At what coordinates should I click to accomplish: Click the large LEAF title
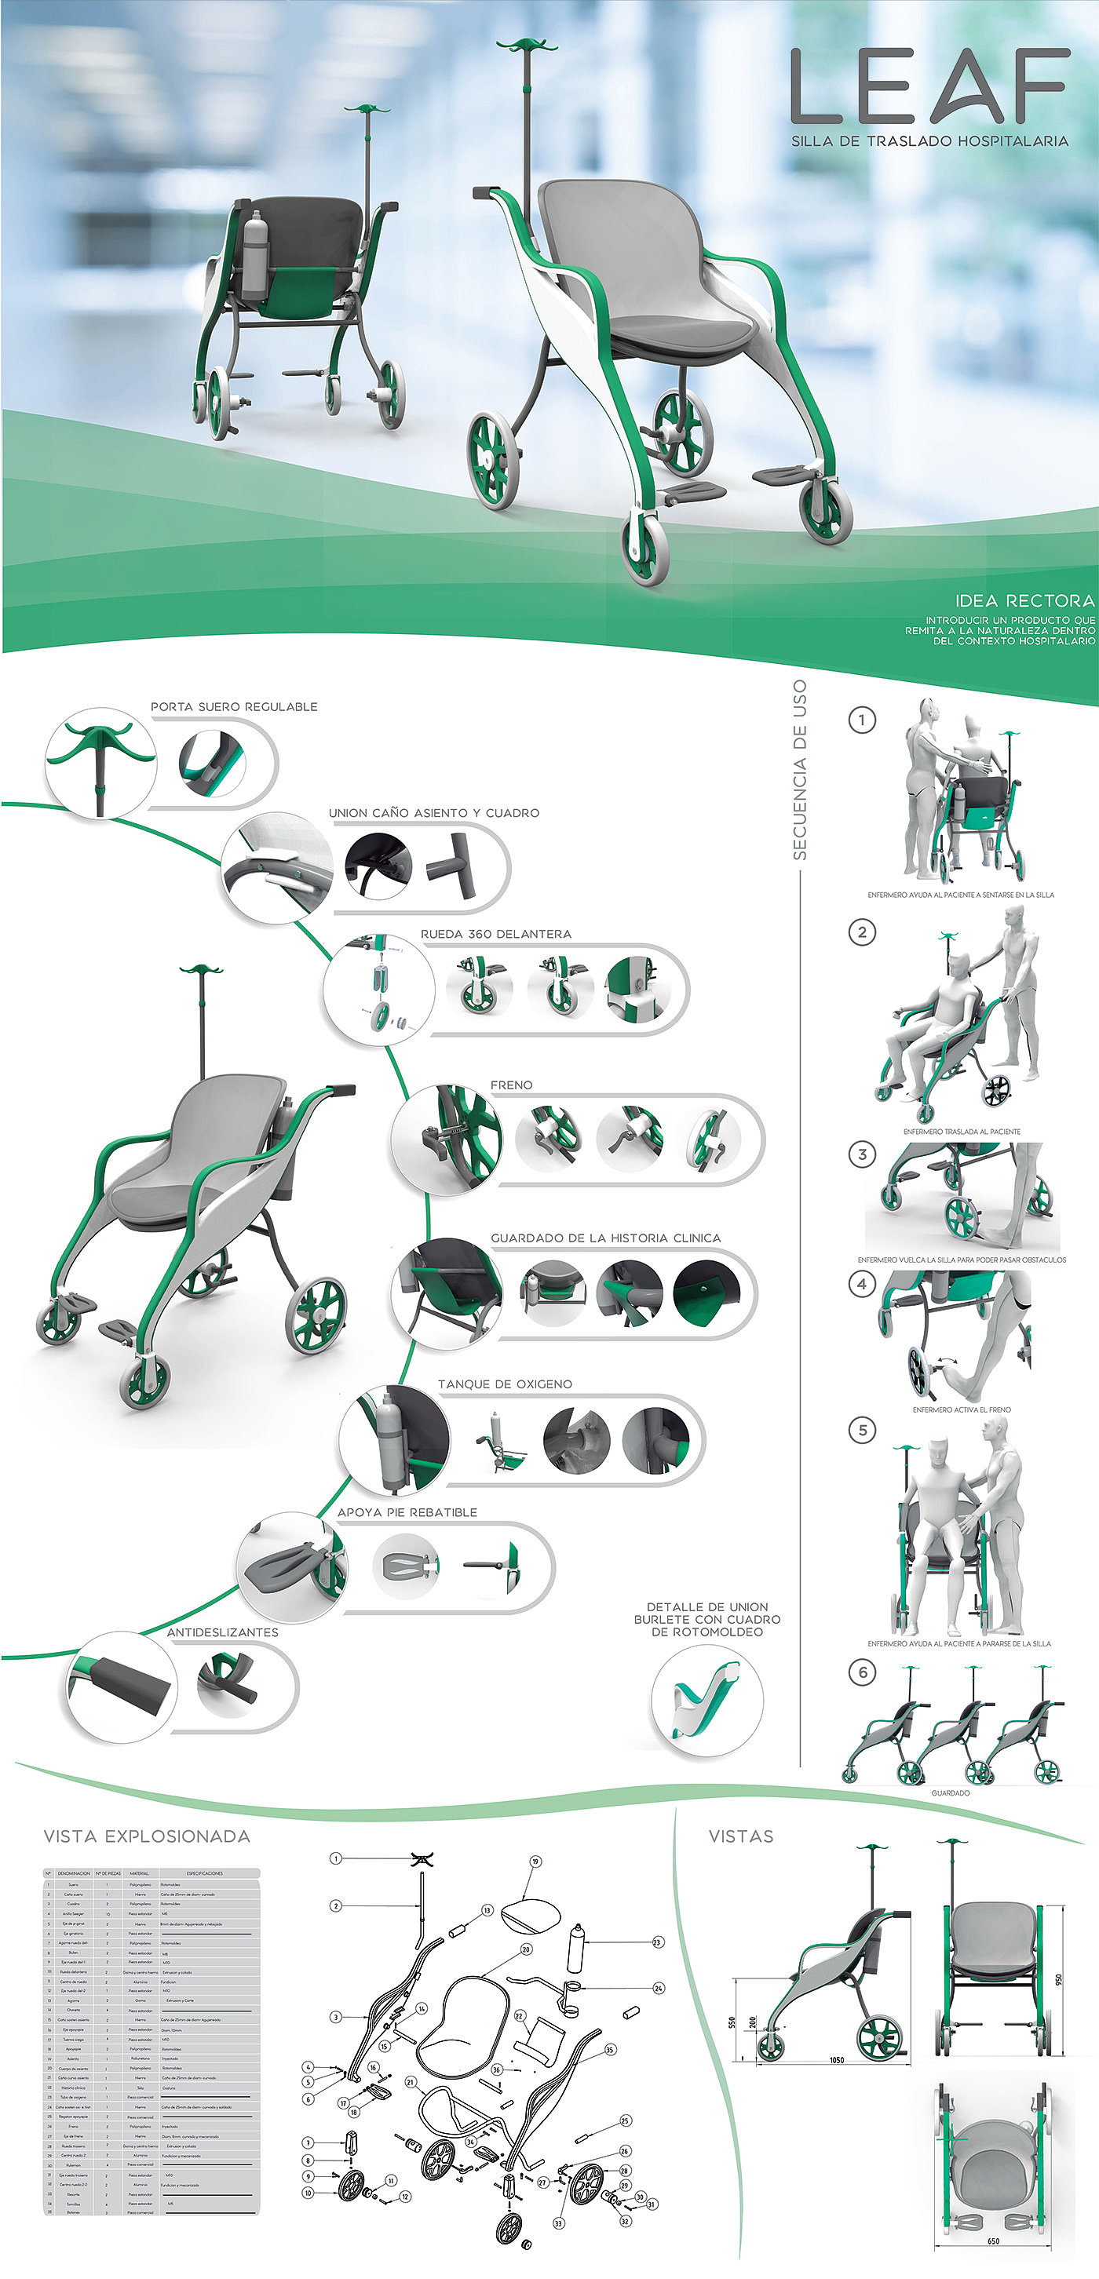pos(929,86)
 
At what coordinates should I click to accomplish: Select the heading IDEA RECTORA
pos(1024,600)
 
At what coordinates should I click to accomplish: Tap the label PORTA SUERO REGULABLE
pos(234,707)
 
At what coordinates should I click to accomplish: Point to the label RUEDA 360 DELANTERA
pos(495,934)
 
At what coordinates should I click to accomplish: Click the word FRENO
pos(512,1085)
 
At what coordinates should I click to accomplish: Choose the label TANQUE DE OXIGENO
pos(505,1384)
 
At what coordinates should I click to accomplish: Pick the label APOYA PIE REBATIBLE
pos(407,1512)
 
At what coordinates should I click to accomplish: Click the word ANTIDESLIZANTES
pos(222,1632)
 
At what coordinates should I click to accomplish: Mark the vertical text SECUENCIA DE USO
pos(800,770)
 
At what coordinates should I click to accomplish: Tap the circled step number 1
pos(862,720)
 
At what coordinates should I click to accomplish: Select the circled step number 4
pos(862,1284)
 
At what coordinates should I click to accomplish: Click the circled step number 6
pos(862,1672)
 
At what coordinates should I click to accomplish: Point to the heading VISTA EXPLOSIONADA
pos(147,1836)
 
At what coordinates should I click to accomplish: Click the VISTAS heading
pos(740,1836)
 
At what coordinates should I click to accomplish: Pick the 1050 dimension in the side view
pos(836,2059)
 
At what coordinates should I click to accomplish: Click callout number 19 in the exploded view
pos(535,1861)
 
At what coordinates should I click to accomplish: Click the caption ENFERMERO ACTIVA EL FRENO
pos(961,1409)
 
